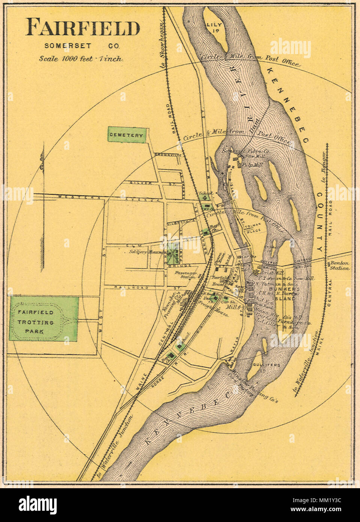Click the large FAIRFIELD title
click(83, 28)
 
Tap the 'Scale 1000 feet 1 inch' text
click(81, 59)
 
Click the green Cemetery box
click(126, 135)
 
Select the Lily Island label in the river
click(214, 28)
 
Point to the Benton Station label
click(339, 266)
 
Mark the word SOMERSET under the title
click(68, 46)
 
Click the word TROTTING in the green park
click(36, 322)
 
